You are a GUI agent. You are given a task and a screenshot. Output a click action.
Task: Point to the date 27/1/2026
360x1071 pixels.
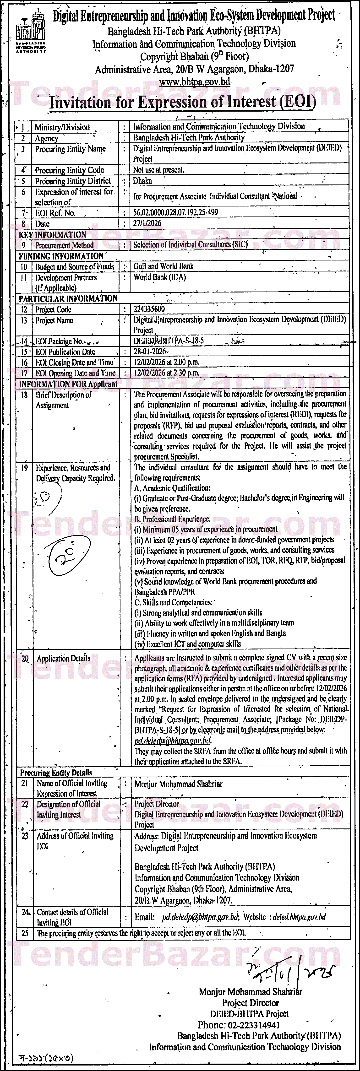pos(147,223)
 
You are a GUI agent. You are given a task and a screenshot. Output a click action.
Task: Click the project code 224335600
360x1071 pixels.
pos(149,309)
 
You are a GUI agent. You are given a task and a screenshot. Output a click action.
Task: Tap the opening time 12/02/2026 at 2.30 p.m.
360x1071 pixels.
pos(166,373)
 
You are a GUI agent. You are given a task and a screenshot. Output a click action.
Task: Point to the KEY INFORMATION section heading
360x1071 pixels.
pos(52,234)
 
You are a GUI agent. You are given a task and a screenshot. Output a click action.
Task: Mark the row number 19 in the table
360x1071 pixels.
pos(25,468)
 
